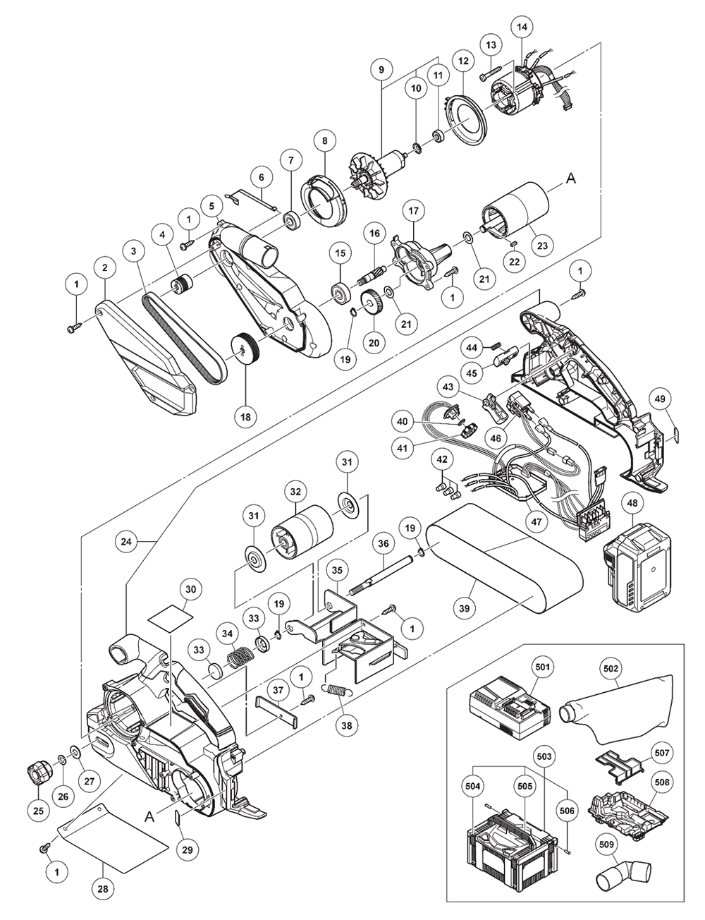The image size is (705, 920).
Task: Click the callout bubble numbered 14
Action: point(522,28)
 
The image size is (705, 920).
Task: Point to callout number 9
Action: point(381,70)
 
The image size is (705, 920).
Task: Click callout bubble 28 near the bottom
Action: point(103,890)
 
